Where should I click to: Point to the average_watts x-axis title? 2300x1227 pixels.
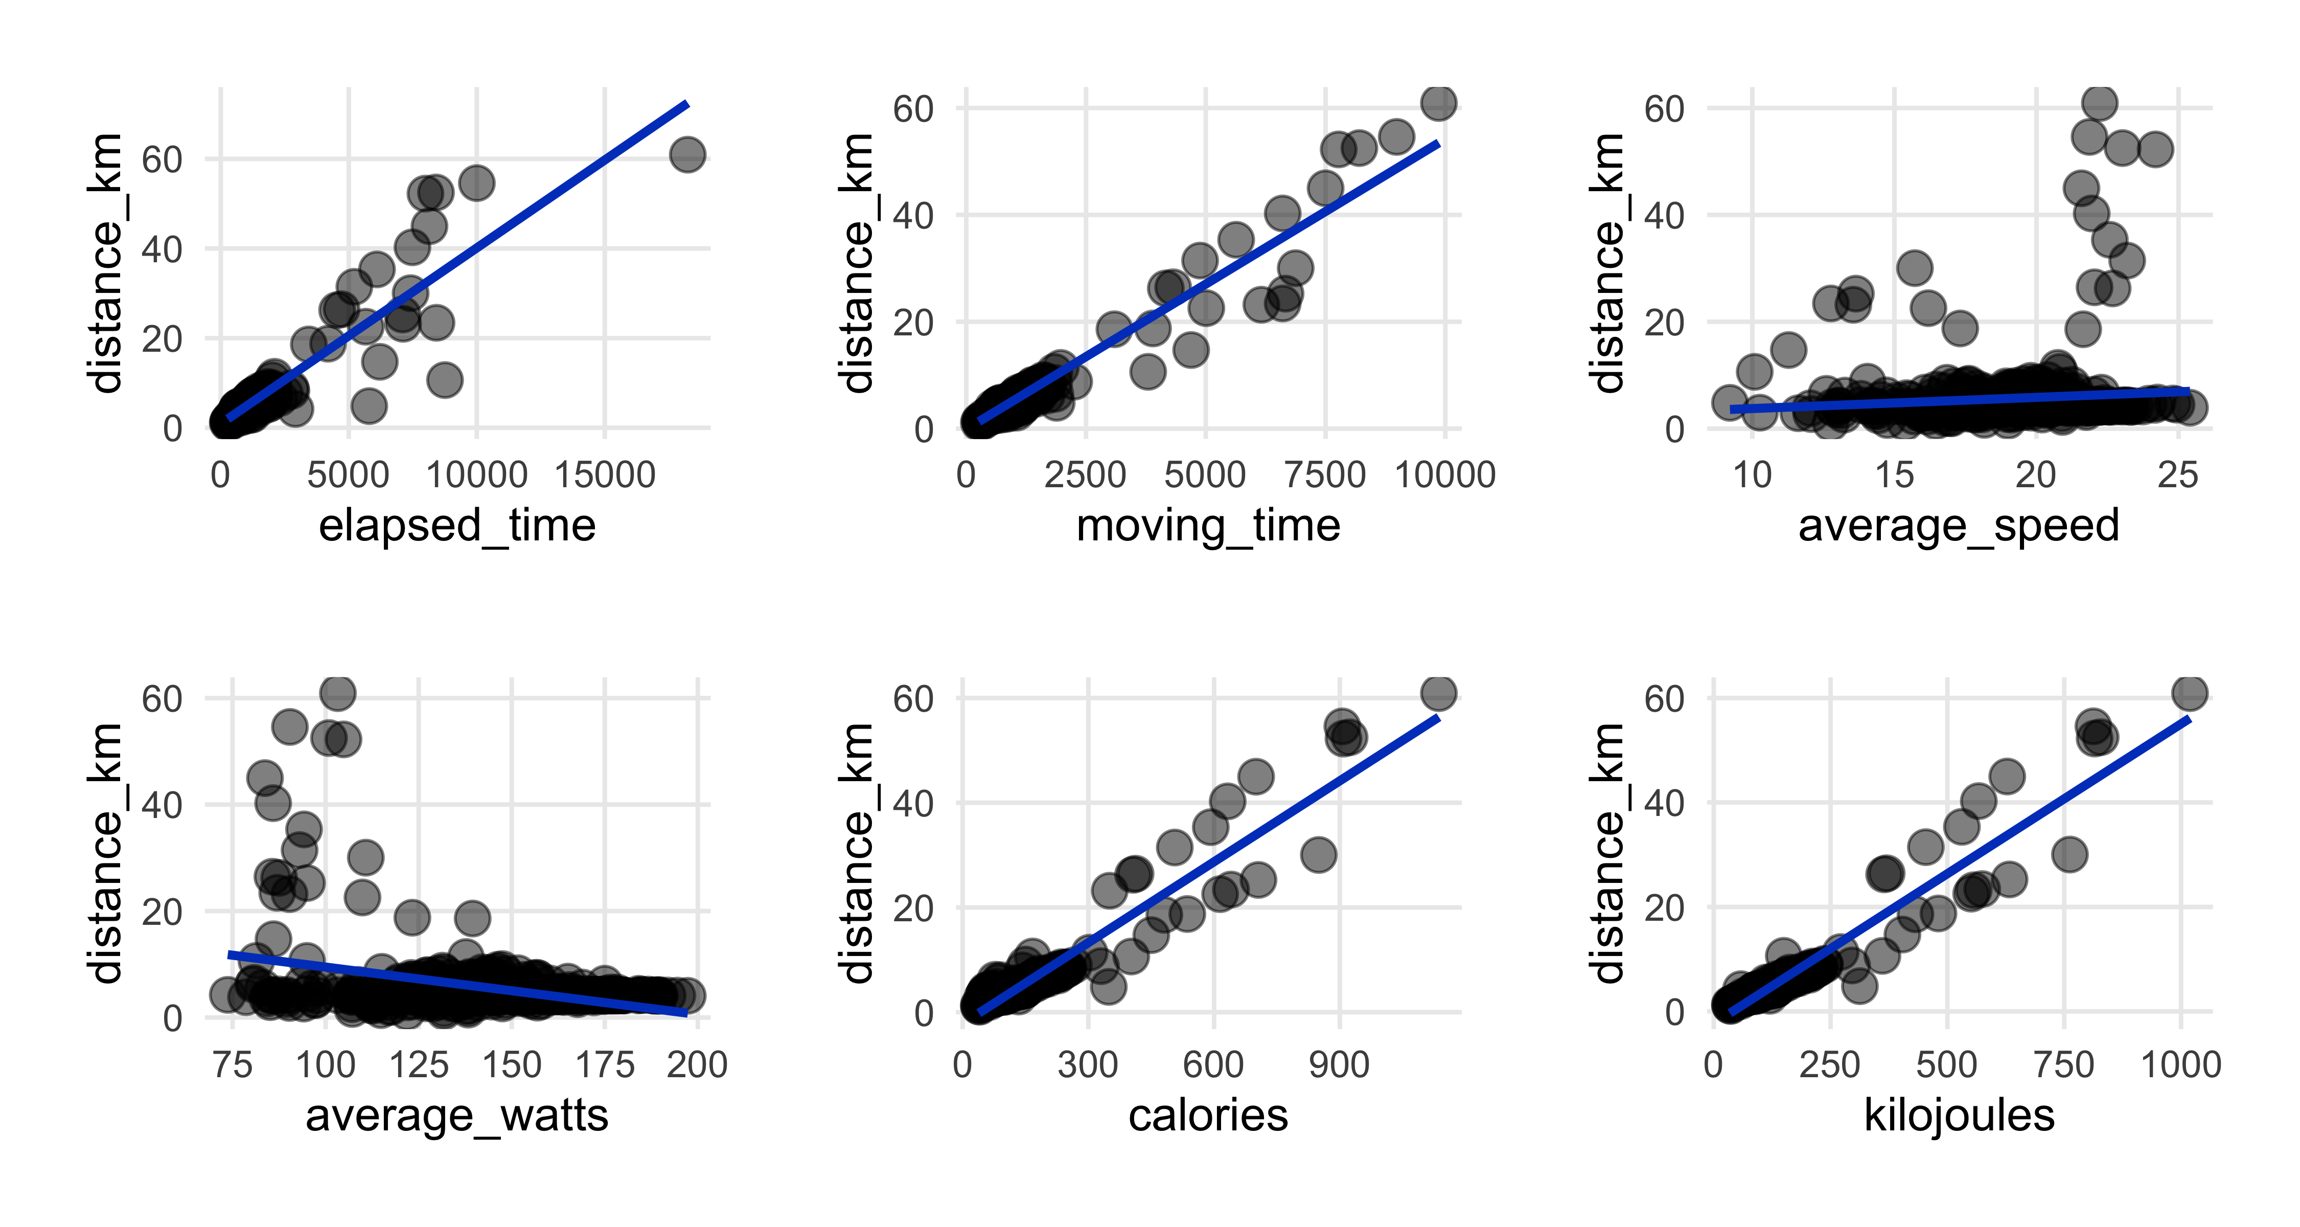tap(457, 1116)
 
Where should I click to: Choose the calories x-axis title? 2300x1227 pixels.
tap(1208, 1116)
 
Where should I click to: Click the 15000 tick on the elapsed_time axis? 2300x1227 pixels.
tap(605, 475)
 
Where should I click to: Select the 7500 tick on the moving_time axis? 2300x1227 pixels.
tap(1325, 475)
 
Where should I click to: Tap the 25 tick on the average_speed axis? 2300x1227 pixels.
tap(2178, 475)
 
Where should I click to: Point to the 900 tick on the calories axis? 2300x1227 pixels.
tap(1339, 1064)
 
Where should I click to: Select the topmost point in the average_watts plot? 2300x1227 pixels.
tap(337, 692)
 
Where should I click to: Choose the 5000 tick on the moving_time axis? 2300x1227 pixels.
tap(1205, 475)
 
